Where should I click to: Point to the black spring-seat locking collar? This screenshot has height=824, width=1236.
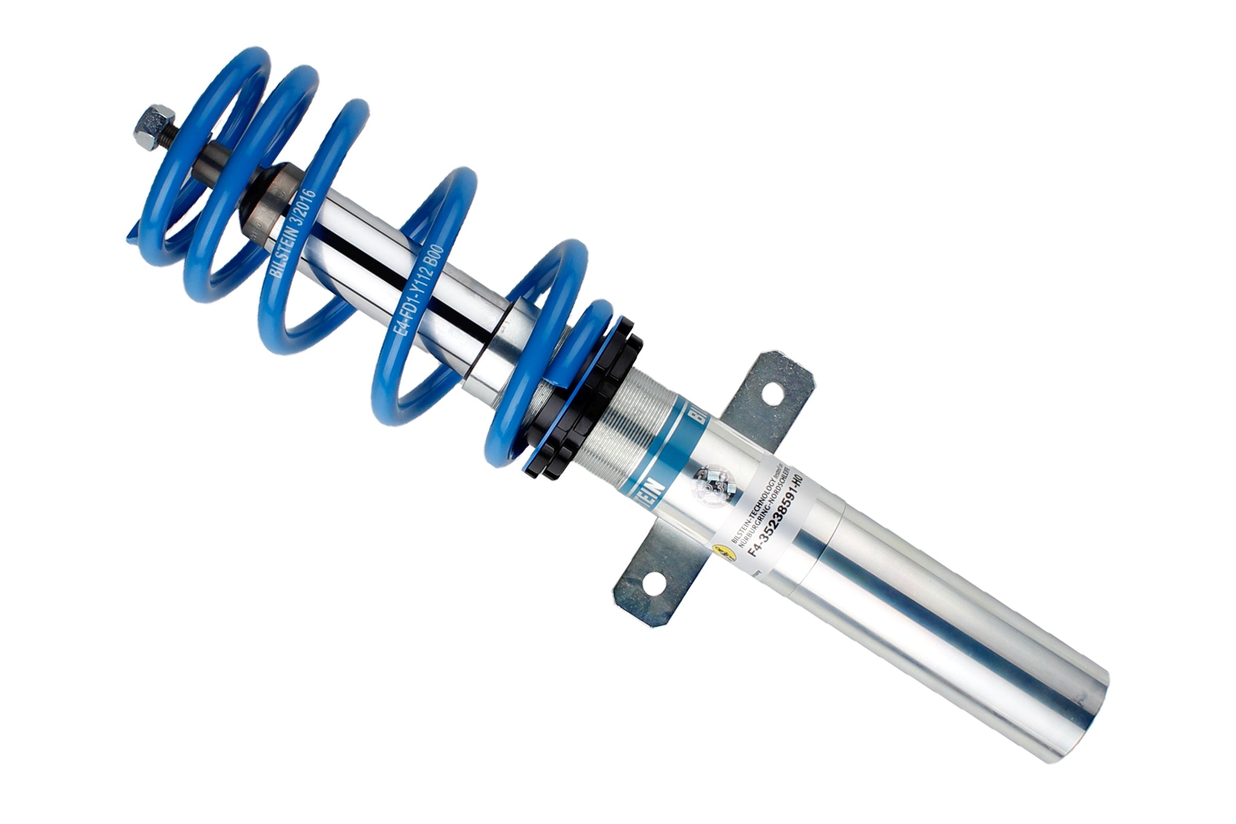(583, 400)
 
